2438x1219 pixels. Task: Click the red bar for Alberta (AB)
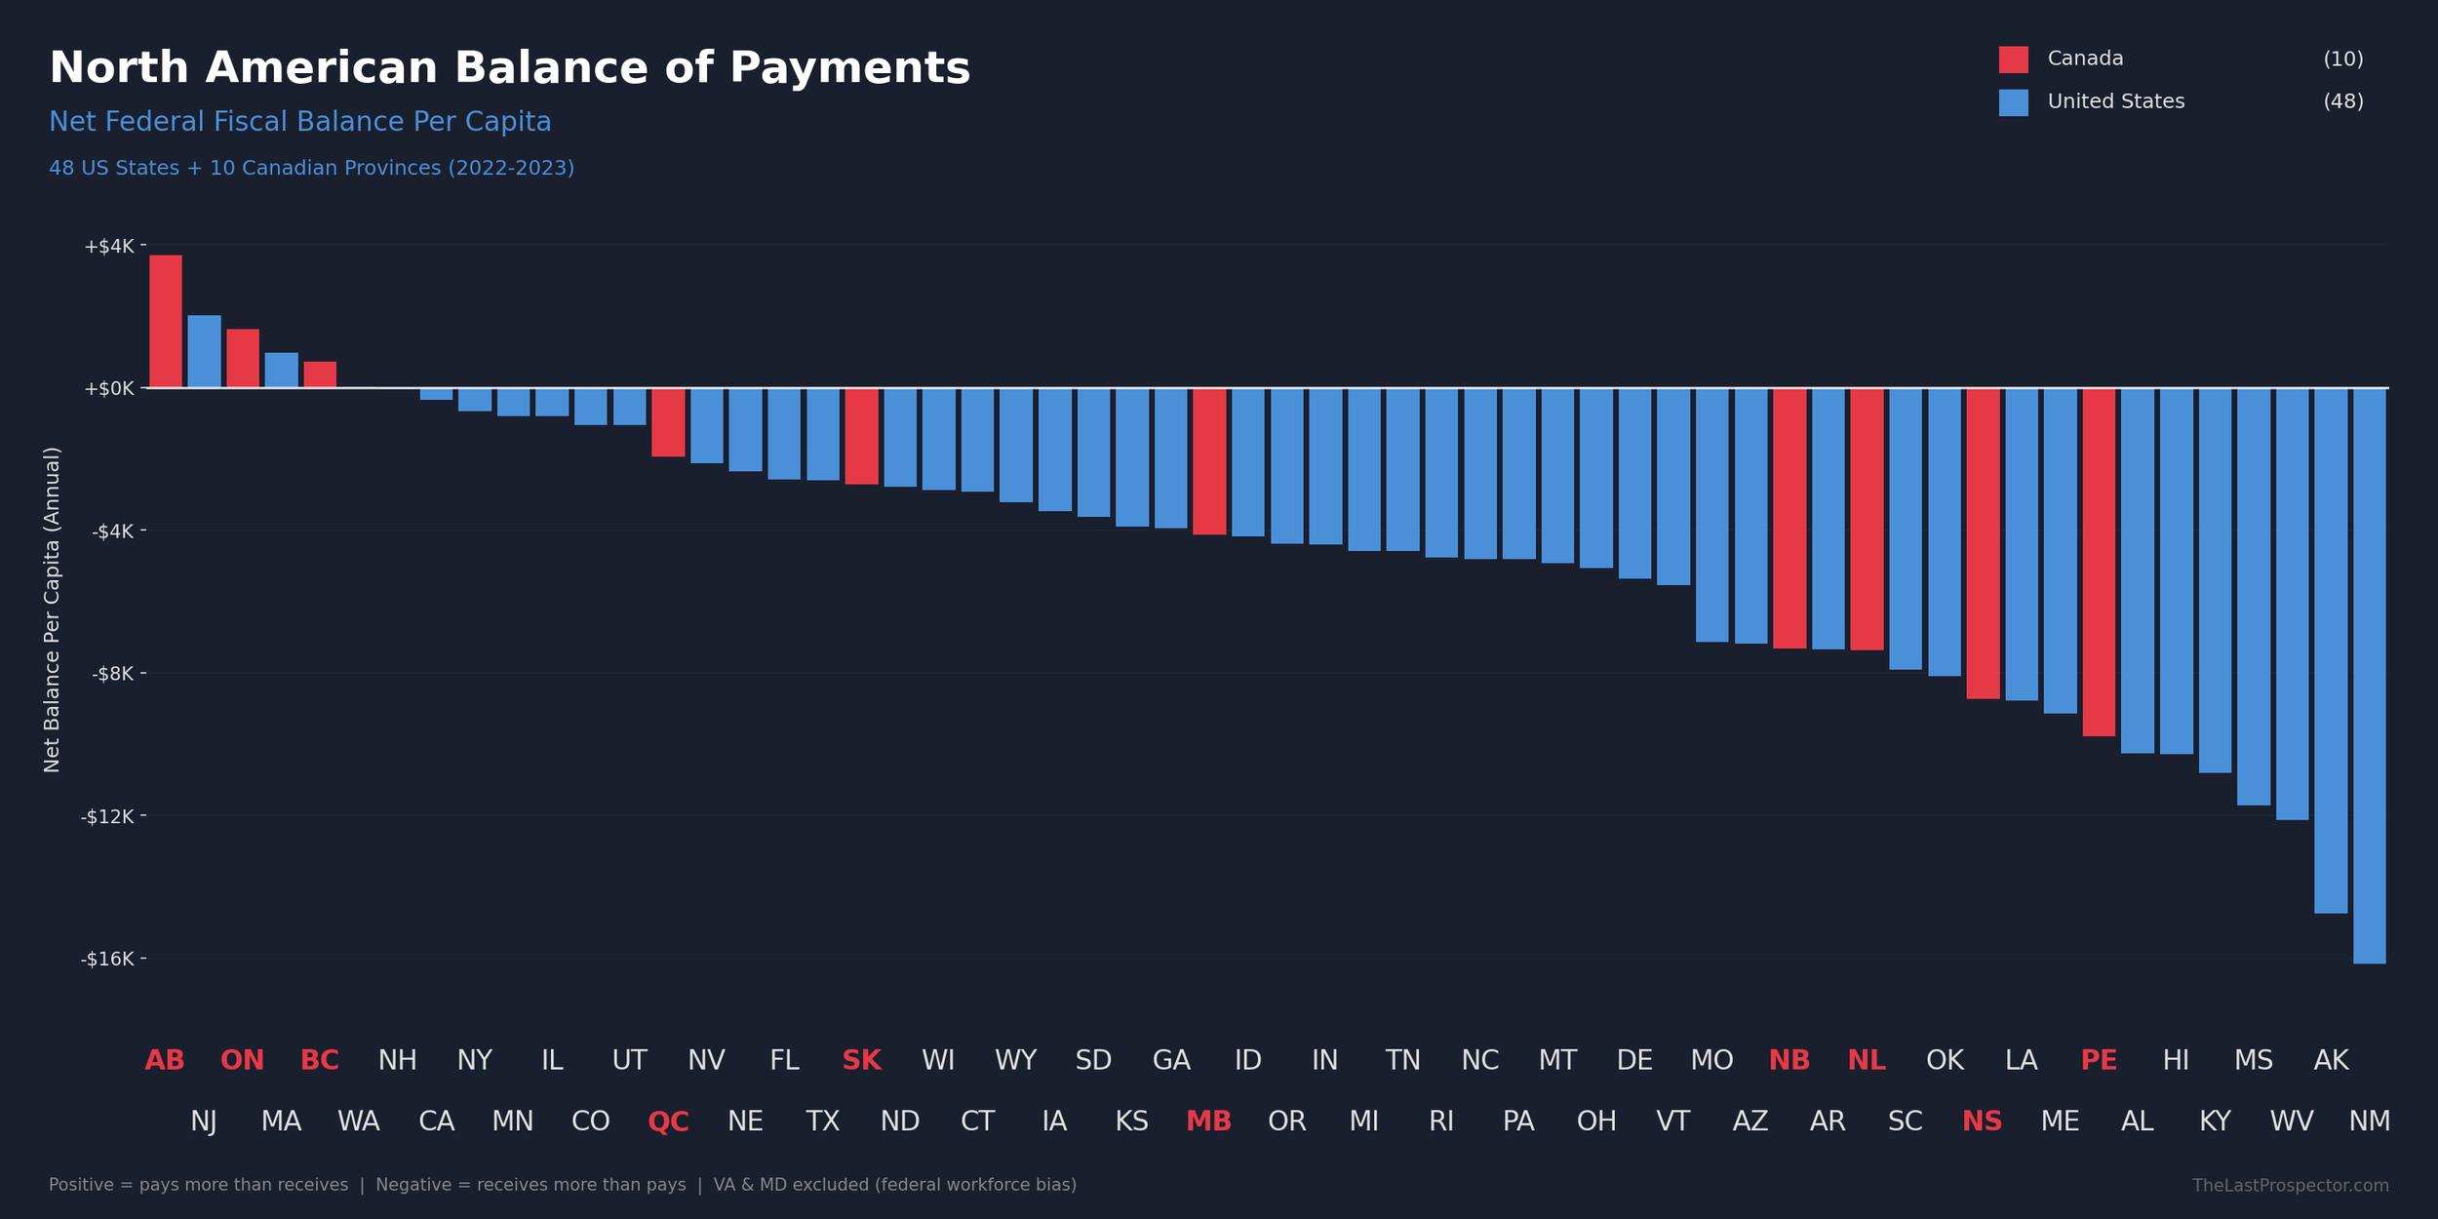pos(165,322)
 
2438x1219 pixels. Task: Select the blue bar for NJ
pos(204,352)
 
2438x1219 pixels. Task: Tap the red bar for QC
pos(668,422)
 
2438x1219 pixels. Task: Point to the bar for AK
pos(2331,650)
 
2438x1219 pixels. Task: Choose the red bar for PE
pos(2099,562)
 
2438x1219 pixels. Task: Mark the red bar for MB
pos(1209,461)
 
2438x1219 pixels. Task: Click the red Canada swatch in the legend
pos(2013,59)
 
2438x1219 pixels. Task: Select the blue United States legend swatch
pos(2013,102)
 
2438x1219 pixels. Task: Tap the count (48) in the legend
pos(2342,101)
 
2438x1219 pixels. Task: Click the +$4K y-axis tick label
pos(109,247)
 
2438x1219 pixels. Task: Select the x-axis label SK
pos(861,1061)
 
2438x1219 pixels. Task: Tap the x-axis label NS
pos(1982,1121)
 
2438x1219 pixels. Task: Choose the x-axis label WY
pos(1015,1061)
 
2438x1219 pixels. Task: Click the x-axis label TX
pos(822,1121)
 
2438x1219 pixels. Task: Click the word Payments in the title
pos(849,68)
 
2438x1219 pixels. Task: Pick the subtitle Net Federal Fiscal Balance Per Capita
pos(299,122)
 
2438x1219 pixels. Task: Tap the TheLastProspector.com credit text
pos(2290,1186)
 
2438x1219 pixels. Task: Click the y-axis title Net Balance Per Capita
pos(52,609)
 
